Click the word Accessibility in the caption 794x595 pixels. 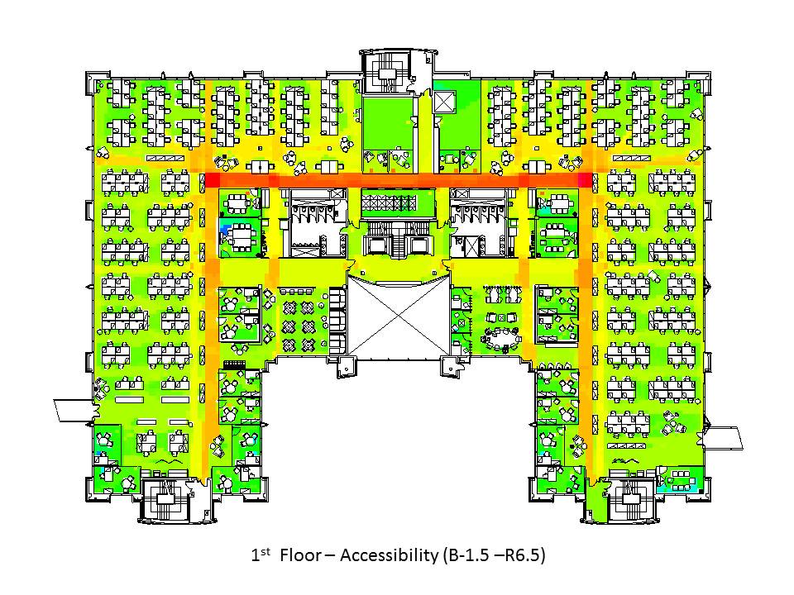pos(389,555)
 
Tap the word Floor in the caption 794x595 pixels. pos(300,555)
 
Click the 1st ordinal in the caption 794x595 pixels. pos(261,555)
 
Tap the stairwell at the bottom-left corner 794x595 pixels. pos(165,500)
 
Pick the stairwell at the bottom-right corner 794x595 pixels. pos(631,500)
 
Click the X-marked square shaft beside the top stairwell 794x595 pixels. pos(445,102)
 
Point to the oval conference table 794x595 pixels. pos(502,338)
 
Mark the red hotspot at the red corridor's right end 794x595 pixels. pos(586,179)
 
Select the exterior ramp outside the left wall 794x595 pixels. pos(74,411)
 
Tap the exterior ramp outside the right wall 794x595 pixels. pos(724,438)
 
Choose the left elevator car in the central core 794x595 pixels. pos(375,245)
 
